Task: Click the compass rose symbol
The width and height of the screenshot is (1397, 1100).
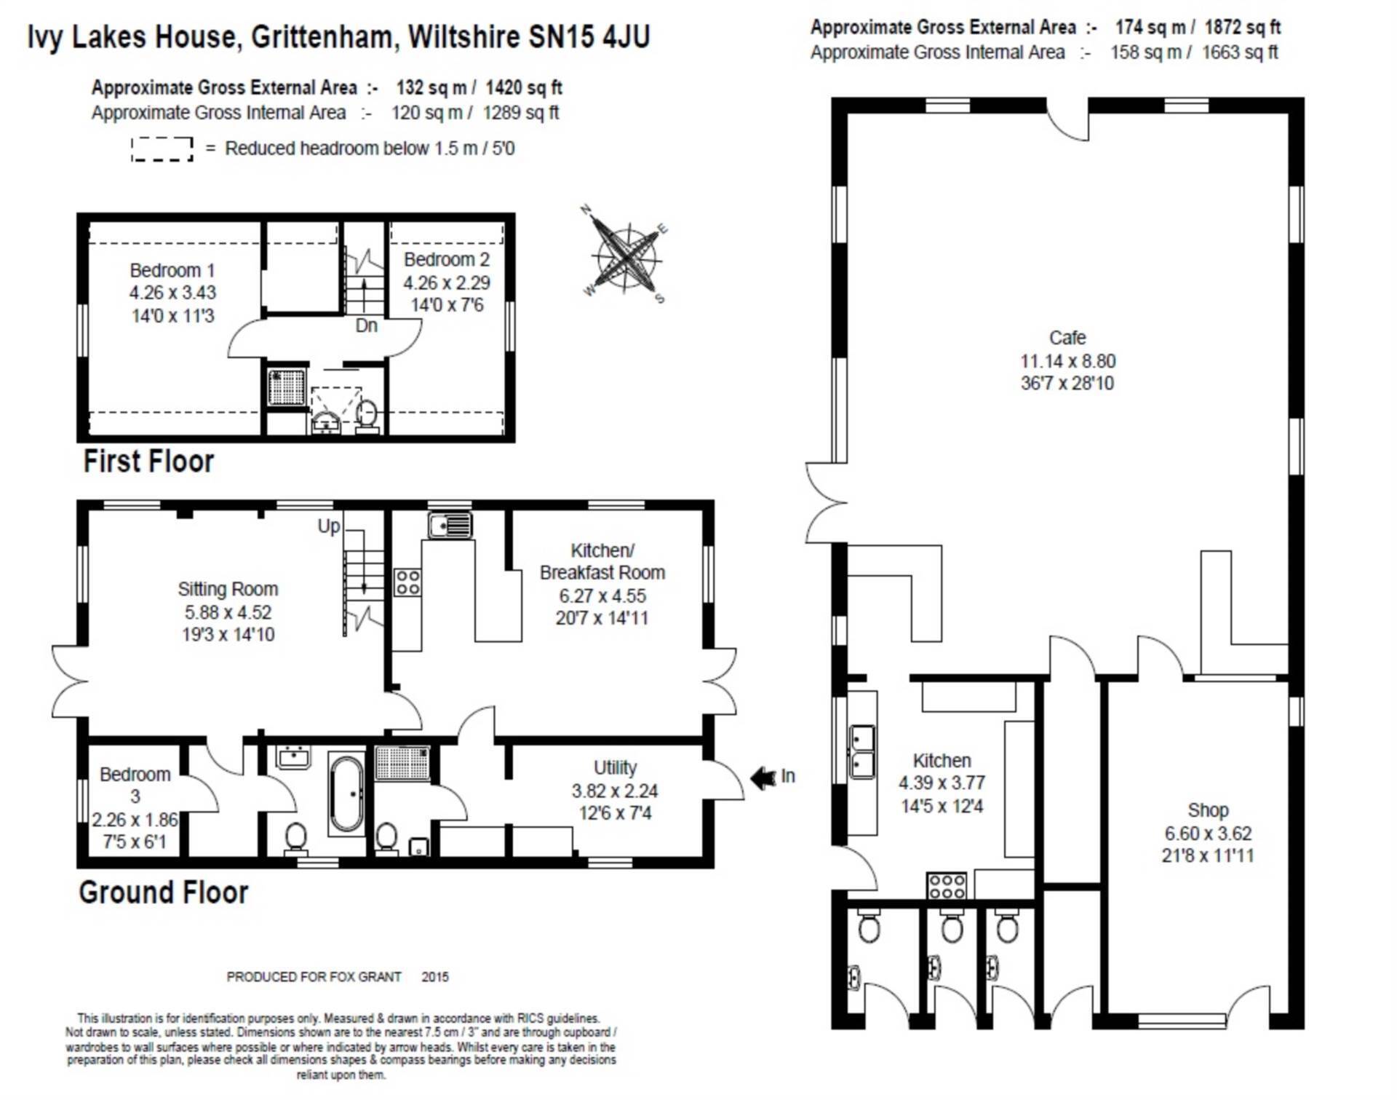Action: tap(626, 255)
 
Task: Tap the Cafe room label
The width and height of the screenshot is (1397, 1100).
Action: tap(1067, 338)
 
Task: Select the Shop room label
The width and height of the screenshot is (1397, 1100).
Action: tap(1208, 810)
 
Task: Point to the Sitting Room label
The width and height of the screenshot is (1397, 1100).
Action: tap(228, 589)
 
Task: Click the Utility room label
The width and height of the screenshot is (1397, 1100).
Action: tap(615, 767)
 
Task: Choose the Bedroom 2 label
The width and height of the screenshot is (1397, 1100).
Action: tap(447, 259)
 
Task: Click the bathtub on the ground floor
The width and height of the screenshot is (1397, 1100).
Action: tap(346, 794)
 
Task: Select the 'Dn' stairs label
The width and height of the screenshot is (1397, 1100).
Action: tap(367, 325)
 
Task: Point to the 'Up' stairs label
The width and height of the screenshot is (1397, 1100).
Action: tap(329, 526)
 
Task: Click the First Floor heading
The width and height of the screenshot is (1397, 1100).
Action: tap(148, 462)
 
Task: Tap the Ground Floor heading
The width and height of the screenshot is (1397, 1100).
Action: tap(164, 893)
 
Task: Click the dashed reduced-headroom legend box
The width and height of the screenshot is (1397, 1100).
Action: tap(162, 149)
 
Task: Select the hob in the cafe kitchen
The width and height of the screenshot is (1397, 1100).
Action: tap(947, 886)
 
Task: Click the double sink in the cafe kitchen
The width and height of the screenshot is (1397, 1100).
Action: tap(862, 751)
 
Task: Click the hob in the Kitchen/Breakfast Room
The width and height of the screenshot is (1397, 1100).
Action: tap(407, 582)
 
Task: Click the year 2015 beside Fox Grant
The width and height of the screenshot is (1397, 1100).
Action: tap(435, 977)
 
